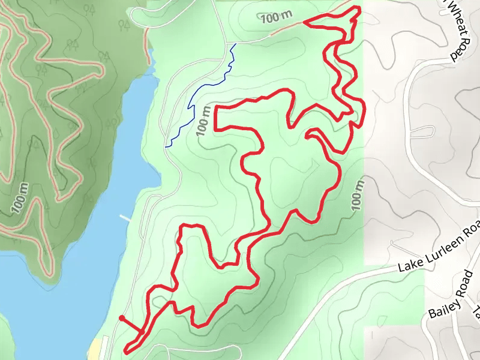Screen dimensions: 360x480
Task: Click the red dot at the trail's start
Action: coord(122,317)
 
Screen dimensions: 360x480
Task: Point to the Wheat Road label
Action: coord(455,29)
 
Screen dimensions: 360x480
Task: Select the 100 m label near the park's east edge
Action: coord(358,194)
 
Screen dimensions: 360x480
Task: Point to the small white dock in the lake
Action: coord(125,218)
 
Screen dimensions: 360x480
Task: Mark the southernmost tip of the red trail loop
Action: coord(127,350)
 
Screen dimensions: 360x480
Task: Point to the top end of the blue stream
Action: coord(235,44)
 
